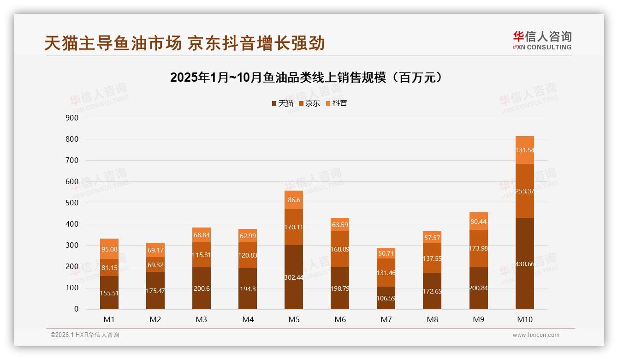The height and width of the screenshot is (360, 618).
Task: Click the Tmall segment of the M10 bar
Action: pyautogui.click(x=524, y=263)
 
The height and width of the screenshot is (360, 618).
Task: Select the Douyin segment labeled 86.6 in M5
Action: pyautogui.click(x=294, y=200)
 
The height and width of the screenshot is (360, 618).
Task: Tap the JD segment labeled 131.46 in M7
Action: pyautogui.click(x=386, y=272)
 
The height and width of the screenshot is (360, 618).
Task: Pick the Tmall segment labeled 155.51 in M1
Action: pyautogui.click(x=109, y=293)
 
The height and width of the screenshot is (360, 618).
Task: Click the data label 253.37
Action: pyautogui.click(x=525, y=191)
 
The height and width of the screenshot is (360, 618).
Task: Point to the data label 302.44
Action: pyautogui.click(x=294, y=277)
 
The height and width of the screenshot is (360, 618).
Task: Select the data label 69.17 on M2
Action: pyautogui.click(x=155, y=250)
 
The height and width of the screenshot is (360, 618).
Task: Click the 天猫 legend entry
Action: pyautogui.click(x=282, y=103)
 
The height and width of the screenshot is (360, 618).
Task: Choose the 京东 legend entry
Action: pyautogui.click(x=309, y=103)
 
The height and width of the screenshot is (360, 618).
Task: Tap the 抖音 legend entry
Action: pyautogui.click(x=336, y=103)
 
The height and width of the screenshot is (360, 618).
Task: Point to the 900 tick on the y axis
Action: pyautogui.click(x=72, y=118)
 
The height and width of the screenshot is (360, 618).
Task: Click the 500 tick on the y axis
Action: pyautogui.click(x=72, y=203)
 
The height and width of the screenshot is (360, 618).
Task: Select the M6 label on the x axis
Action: pyautogui.click(x=340, y=319)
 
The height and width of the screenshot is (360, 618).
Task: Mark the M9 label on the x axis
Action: pyautogui.click(x=478, y=319)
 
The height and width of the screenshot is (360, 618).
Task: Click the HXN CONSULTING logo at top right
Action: pyautogui.click(x=542, y=41)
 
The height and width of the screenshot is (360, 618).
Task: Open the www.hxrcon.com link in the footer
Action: pyautogui.click(x=536, y=335)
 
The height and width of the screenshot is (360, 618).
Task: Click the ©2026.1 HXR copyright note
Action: pyautogui.click(x=84, y=335)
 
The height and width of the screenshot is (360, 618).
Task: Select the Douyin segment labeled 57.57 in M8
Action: pyautogui.click(x=432, y=237)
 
